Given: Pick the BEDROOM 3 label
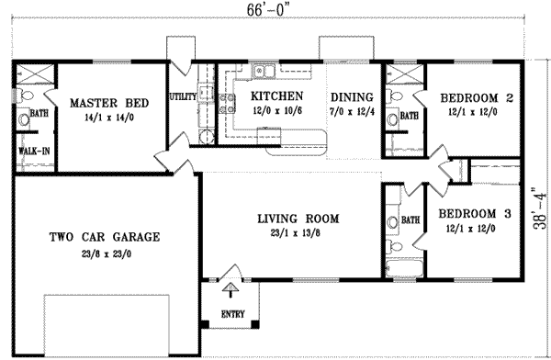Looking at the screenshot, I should (474, 215).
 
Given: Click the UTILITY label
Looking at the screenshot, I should (181, 96).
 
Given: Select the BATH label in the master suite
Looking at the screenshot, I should (39, 114).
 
